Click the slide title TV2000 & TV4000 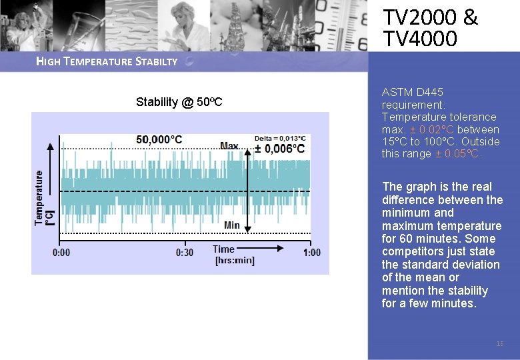coord(430,28)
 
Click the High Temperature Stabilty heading coord(107,62)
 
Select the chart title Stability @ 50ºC coord(179,102)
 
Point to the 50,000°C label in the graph coord(159,139)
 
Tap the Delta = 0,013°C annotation coord(280,138)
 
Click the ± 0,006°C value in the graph coord(280,149)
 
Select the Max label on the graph coord(229,146)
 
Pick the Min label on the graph coord(231,225)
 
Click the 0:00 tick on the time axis coord(61,253)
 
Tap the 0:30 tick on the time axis coord(185,253)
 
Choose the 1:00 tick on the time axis coord(311,253)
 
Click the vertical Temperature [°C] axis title coord(44,197)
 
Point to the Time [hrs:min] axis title coord(233,255)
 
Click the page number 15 coord(500,343)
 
